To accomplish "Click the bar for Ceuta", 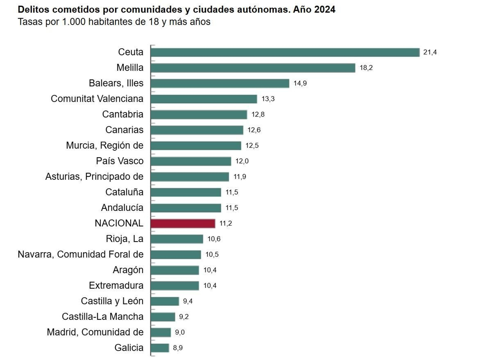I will coord(285,52).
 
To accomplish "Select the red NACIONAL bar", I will coord(183,224).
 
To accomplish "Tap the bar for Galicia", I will coord(160,348).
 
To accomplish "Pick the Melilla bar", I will coord(253,68).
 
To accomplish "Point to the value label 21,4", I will coord(430,52).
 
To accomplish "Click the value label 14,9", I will coord(300,83).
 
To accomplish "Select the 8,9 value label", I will coord(178,348).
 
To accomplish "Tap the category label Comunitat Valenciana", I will coord(97,99).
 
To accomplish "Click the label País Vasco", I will coord(120,161).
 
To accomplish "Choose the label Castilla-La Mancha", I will coord(103,316).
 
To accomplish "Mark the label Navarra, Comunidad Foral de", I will coord(80,254).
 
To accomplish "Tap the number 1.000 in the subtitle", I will coord(74,22).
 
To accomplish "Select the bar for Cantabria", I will coord(199,114).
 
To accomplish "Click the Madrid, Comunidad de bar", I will coord(161,332).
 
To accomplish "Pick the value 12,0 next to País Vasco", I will coord(242,161).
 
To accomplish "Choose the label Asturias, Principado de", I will coord(94,177).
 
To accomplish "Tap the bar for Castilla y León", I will coord(165,301).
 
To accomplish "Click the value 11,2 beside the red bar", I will coord(226,224).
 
